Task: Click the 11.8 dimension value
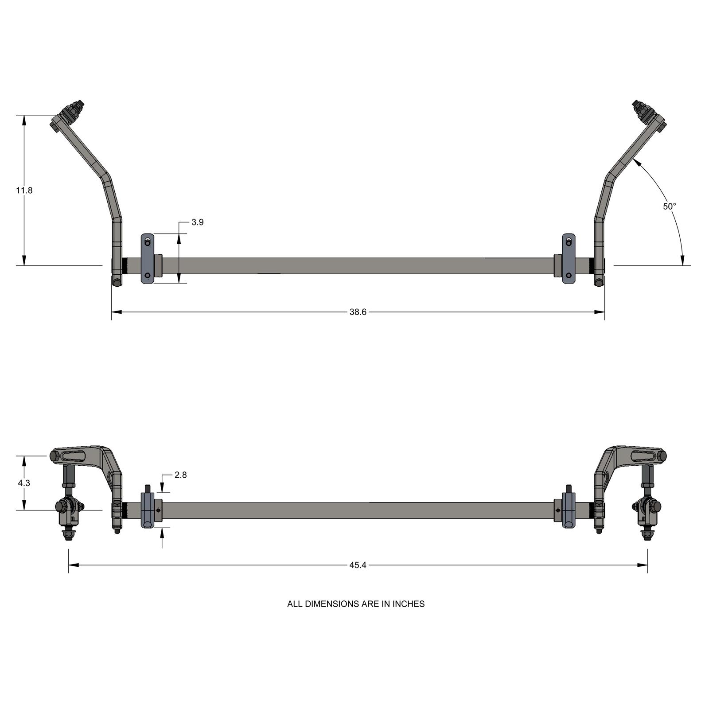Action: (24, 191)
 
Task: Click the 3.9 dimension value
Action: (198, 222)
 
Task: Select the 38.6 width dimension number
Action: (358, 312)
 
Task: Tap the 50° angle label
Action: (669, 206)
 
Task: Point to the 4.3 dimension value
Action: (24, 483)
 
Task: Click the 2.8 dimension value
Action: (180, 475)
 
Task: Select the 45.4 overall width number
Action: (358, 565)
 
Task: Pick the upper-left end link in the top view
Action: (71, 115)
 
